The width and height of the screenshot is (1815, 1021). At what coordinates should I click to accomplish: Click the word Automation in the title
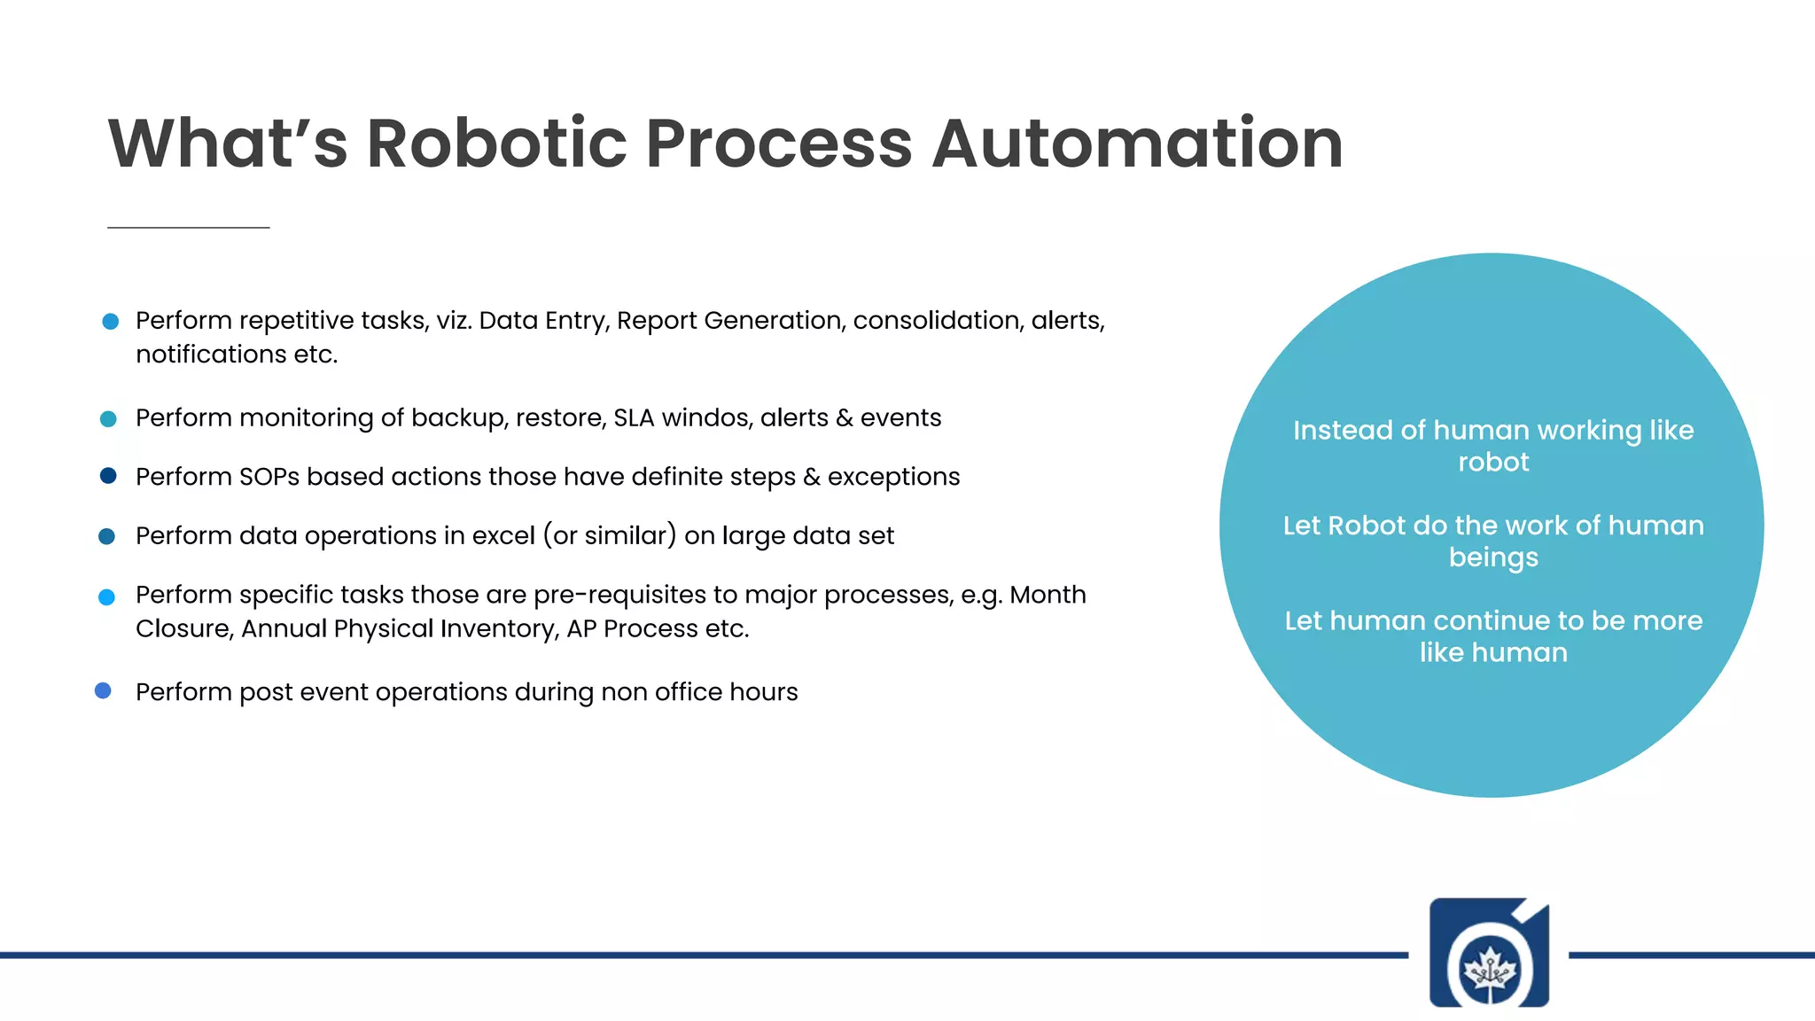coord(1137,144)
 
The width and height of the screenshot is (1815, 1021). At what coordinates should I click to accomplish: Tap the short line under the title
coord(188,228)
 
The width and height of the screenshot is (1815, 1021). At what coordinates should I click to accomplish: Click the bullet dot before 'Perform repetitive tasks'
coord(111,321)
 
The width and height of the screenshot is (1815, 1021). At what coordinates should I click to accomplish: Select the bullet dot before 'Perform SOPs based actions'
coord(108,476)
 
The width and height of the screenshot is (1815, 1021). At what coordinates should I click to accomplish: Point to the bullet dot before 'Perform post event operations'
coord(103,690)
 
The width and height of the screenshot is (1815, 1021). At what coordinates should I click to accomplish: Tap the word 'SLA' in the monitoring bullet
coord(634,417)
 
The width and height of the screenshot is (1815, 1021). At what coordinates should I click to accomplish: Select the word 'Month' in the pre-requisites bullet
coord(1048,595)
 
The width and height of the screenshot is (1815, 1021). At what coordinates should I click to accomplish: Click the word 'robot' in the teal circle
coord(1493,463)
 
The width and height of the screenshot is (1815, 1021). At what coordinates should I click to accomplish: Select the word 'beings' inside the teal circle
coord(1493,558)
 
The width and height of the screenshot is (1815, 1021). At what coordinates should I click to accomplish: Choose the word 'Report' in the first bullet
coord(657,321)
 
